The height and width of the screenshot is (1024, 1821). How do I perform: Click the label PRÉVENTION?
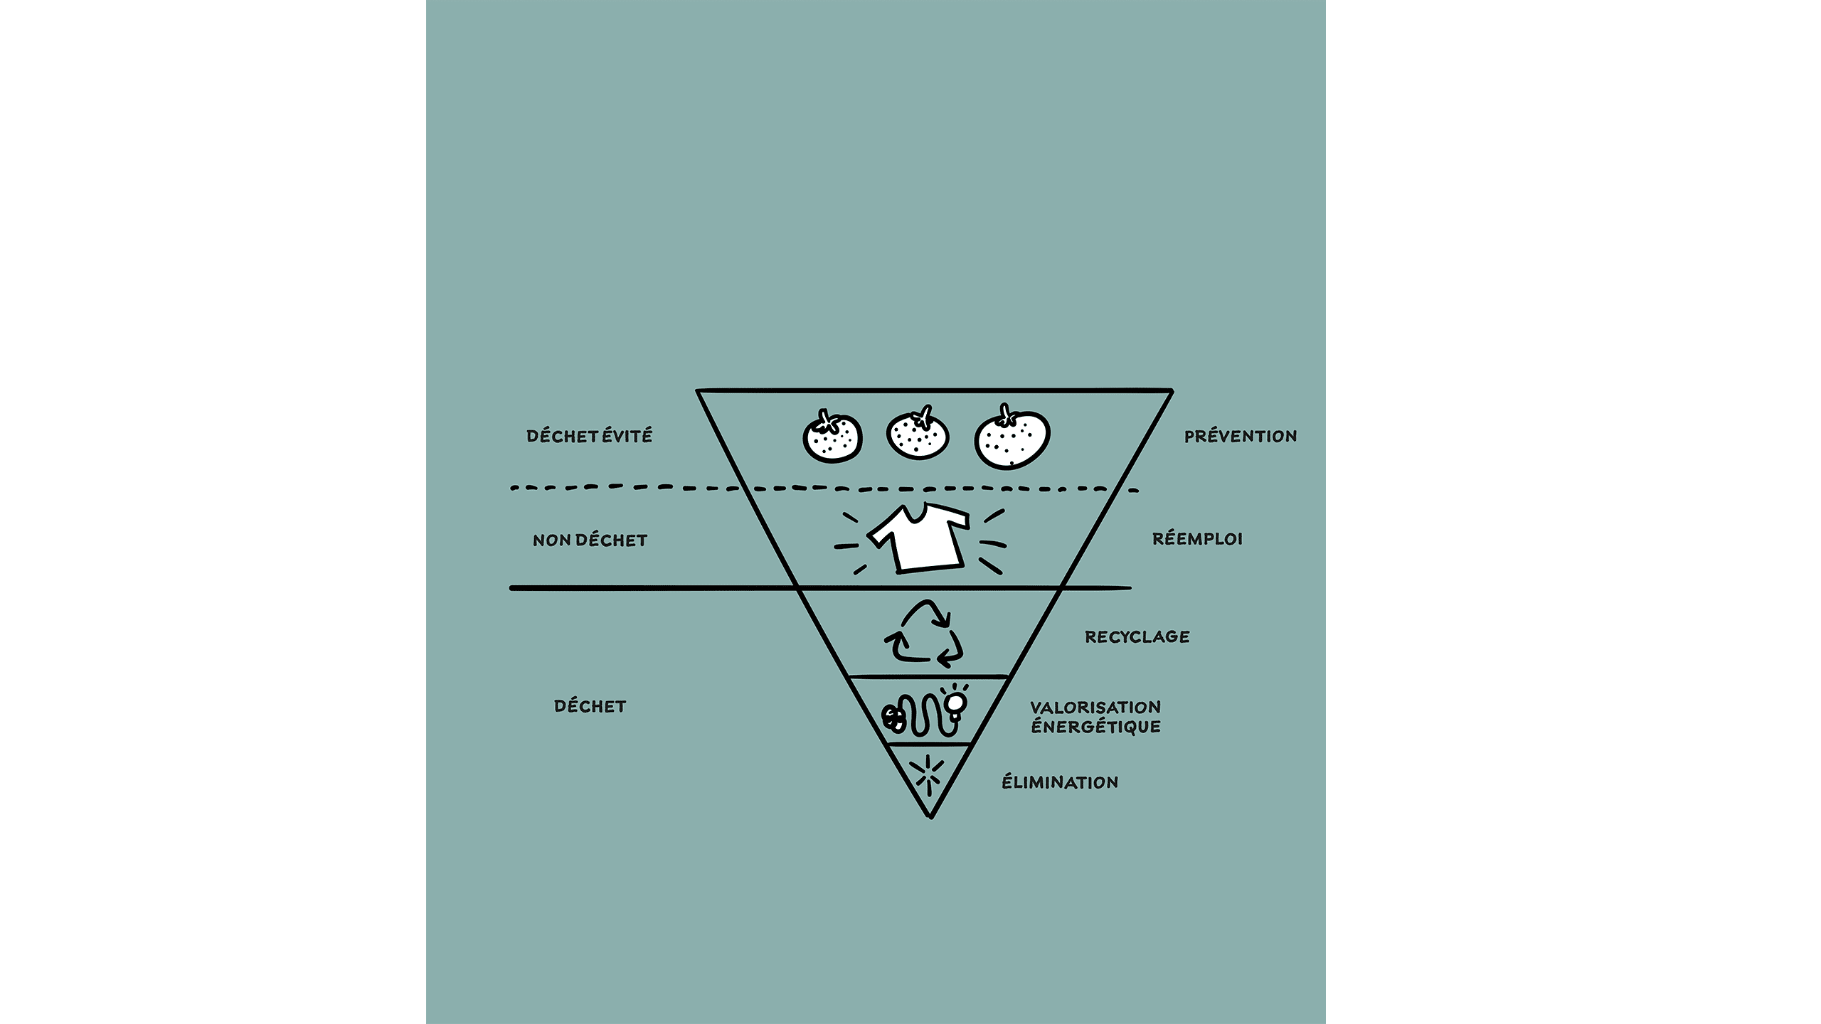[x=1240, y=436]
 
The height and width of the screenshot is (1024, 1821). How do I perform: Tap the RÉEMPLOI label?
[x=1197, y=538]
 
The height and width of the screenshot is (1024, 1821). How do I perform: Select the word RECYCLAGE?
[x=1137, y=636]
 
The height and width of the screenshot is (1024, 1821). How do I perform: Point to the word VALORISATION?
[x=1095, y=708]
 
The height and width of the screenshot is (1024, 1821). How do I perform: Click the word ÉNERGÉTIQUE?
[x=1095, y=726]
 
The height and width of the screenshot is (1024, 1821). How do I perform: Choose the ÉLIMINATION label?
[x=1060, y=782]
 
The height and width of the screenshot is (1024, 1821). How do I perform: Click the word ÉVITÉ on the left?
[x=627, y=435]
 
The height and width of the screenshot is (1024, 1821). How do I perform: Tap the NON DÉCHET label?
[x=590, y=540]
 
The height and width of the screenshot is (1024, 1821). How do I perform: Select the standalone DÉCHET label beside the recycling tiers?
[x=590, y=706]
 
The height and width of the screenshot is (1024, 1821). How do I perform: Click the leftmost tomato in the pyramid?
[x=832, y=437]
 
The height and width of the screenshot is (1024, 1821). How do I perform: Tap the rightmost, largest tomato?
[x=1012, y=437]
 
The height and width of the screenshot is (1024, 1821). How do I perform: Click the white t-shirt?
[x=918, y=538]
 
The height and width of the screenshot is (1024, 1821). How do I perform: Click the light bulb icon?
[x=955, y=703]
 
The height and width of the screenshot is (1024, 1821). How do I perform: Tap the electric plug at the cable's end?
[x=893, y=718]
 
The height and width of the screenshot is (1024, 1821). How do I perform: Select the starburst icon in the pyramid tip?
[x=929, y=774]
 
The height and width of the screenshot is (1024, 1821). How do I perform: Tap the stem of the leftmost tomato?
[x=827, y=422]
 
